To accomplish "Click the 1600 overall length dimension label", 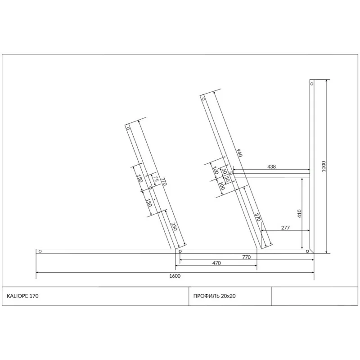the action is coord(175,276).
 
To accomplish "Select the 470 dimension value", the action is coord(216,263).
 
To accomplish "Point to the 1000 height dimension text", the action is coord(324,166).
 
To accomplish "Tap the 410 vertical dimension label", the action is coord(299,213).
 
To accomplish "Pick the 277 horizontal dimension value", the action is coord(285,228).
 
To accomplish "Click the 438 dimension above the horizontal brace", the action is coord(271,166).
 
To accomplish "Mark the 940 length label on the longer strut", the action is coord(239,153).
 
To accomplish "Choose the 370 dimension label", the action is coord(257,217).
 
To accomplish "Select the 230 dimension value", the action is coord(174,226).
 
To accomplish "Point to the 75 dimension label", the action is coord(156,179).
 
